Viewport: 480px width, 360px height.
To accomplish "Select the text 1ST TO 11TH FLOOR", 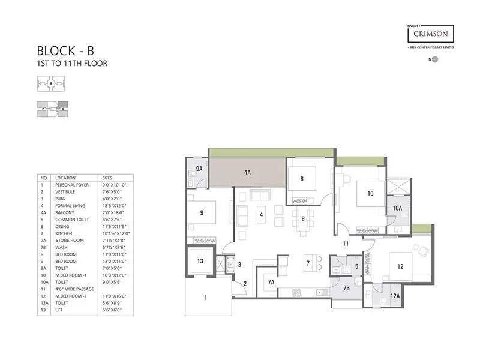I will coord(73,63).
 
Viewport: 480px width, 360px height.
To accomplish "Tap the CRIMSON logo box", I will coord(430,33).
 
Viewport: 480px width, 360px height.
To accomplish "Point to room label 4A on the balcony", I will coord(247,172).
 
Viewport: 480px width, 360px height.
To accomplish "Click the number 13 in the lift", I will coord(200,261).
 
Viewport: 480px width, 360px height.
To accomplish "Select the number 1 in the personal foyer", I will coord(205,297).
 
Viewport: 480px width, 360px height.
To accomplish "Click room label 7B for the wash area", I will coord(346,288).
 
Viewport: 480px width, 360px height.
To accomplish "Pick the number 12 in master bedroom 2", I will coord(400,266).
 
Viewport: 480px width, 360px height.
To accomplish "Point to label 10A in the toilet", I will coord(397,208).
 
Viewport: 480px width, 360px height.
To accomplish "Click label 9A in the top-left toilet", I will coord(199,169).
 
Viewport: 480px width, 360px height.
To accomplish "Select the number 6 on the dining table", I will coord(303,219).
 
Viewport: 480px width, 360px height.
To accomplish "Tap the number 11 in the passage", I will coord(346,243).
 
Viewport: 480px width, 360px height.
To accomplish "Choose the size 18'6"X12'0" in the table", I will coord(115,205).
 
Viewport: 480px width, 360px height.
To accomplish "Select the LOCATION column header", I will coord(65,178).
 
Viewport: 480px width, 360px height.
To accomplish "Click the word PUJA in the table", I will coord(61,199).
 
